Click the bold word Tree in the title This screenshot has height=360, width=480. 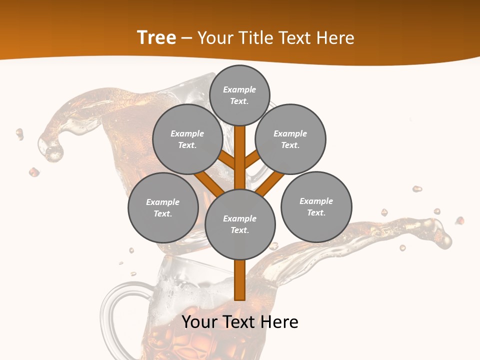coord(156,37)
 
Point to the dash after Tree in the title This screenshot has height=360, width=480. coord(187,38)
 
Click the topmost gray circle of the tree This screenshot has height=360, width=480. coord(239,95)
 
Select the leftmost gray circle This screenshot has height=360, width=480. coord(163,207)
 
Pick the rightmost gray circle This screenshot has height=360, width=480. coord(316,206)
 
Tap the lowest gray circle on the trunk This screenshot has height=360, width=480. coord(240,224)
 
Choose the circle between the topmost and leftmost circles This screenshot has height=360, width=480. coord(187,139)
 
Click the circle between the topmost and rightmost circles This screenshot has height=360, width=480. coord(290,139)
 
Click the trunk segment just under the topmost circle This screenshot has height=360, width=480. coord(240,150)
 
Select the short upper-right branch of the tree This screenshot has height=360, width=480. coord(252,158)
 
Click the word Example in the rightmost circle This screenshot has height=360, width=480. coord(316,201)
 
